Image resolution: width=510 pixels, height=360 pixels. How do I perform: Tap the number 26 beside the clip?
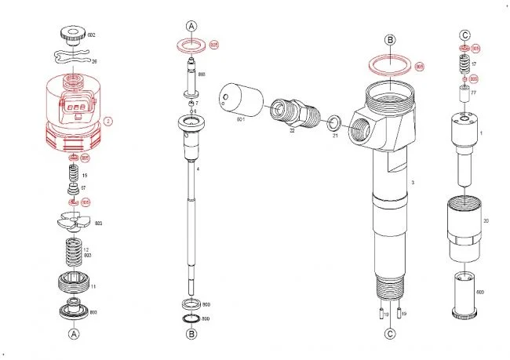[93, 61]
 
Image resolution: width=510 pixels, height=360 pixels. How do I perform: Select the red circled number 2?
[109, 121]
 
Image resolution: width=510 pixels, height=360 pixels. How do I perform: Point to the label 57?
[83, 189]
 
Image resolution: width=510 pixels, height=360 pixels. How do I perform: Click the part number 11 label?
[93, 288]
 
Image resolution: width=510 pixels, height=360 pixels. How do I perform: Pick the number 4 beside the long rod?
[199, 169]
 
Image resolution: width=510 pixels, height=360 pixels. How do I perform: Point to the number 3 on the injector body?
[413, 182]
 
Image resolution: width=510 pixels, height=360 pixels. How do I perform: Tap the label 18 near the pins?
[386, 314]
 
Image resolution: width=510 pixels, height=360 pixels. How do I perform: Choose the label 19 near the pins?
[405, 314]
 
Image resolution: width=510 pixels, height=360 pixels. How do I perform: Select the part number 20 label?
[486, 221]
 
